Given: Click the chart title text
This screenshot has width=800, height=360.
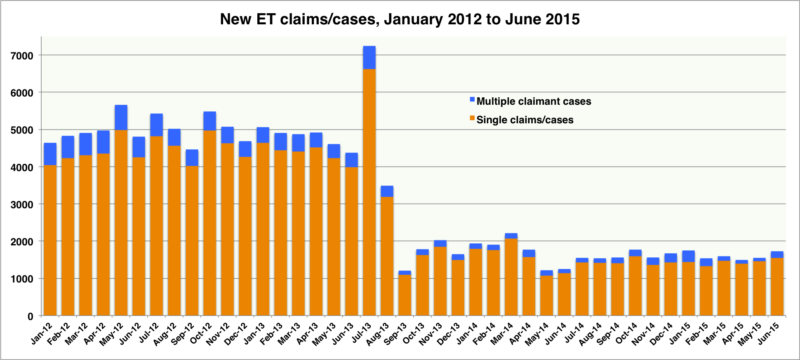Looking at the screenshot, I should tap(400, 19).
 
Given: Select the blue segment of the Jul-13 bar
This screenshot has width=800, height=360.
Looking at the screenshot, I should tap(369, 57).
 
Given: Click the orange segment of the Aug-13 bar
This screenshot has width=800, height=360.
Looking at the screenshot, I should tap(387, 256).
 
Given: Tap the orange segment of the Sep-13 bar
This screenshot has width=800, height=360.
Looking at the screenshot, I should tap(405, 295).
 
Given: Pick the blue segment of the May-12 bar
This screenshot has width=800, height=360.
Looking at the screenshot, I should tap(121, 118).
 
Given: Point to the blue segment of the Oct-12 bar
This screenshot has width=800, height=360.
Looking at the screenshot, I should tap(209, 121).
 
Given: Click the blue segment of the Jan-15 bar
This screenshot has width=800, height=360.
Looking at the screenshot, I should tap(688, 256).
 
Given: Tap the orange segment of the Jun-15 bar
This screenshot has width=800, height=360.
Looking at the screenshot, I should tap(777, 287).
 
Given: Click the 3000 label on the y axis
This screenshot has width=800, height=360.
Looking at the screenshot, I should tap(24, 204).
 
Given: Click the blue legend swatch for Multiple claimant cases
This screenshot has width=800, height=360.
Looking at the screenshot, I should tap(472, 99).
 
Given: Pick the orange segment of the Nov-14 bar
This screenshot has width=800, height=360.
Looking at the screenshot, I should tap(653, 290).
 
